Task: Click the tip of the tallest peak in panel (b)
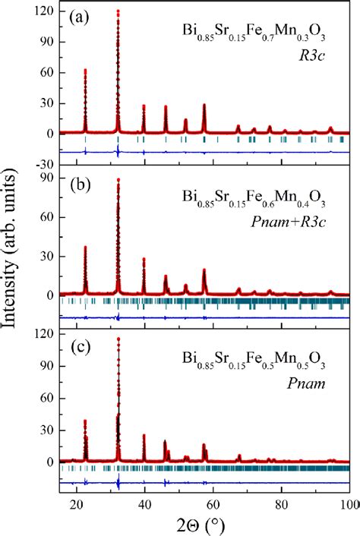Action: (118, 180)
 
